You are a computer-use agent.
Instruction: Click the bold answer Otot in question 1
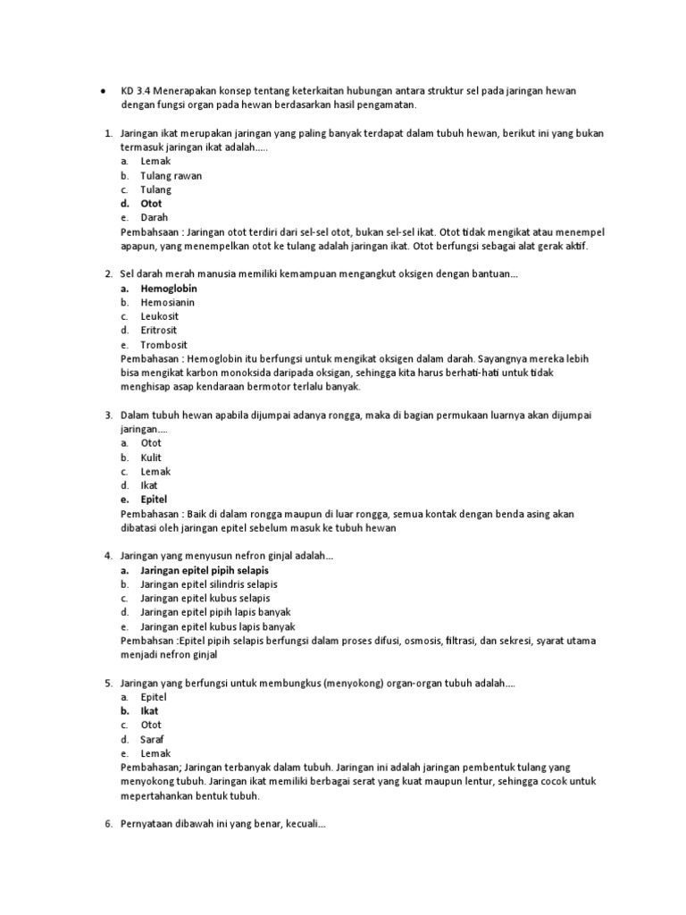[x=152, y=204]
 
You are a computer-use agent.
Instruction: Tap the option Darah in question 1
[x=155, y=217]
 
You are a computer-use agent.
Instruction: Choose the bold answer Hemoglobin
[x=169, y=289]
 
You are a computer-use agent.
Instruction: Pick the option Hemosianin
[x=168, y=303]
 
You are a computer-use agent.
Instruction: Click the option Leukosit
[x=161, y=316]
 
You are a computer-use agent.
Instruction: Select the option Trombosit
[x=163, y=345]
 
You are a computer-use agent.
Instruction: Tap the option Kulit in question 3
[x=151, y=457]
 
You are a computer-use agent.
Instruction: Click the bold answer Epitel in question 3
[x=154, y=499]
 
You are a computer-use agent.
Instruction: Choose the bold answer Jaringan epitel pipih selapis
[x=205, y=570]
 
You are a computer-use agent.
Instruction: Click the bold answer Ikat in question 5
[x=149, y=711]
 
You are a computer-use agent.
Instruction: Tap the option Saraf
[x=153, y=739]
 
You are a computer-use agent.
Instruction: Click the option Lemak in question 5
[x=155, y=753]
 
